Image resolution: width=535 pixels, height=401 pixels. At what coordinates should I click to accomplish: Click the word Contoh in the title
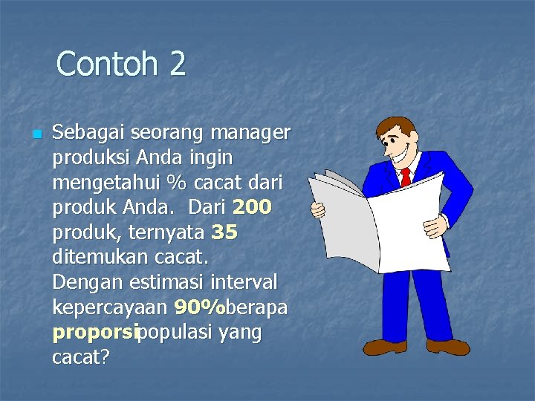pyautogui.click(x=106, y=64)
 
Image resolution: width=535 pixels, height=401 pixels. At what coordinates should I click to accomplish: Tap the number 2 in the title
pyautogui.click(x=177, y=64)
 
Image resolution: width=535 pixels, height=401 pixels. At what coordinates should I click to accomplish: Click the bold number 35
pyautogui.click(x=224, y=232)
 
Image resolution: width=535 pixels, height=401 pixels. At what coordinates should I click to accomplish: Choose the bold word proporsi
pyautogui.click(x=95, y=333)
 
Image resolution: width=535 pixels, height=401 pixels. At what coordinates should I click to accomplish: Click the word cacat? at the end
pyautogui.click(x=81, y=358)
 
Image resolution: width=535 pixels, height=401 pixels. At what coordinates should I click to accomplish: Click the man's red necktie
pyautogui.click(x=405, y=177)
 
